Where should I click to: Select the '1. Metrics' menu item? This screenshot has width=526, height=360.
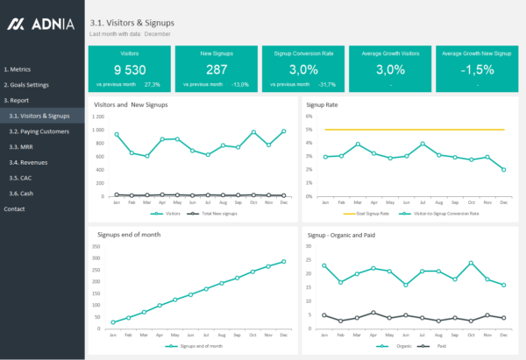click(18, 67)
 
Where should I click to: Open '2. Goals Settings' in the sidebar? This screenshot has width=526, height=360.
click(26, 85)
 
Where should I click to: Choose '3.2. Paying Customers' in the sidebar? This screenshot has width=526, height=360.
click(39, 131)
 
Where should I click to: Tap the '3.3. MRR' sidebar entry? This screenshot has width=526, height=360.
click(21, 146)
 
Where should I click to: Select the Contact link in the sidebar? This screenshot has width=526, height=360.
click(14, 208)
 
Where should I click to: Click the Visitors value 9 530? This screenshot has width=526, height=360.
click(129, 69)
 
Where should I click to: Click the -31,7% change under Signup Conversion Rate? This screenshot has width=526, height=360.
click(328, 85)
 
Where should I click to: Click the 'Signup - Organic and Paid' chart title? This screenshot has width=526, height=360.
click(348, 235)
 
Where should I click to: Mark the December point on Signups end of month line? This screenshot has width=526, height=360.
click(283, 261)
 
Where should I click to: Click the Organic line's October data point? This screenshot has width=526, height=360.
click(471, 263)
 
